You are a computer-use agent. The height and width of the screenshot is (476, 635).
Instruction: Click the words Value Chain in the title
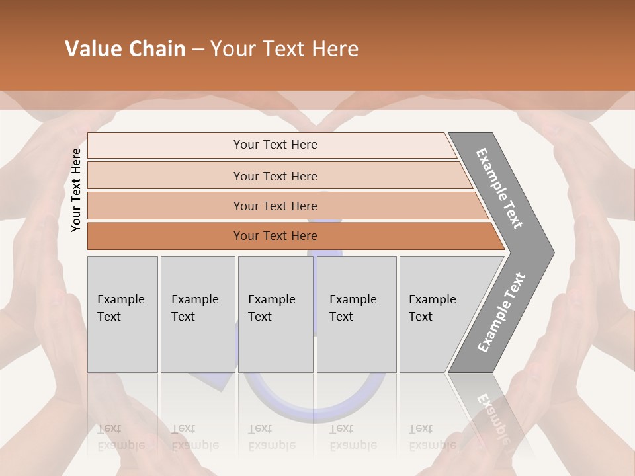click(x=125, y=49)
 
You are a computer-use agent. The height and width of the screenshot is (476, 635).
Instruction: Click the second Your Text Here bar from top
click(x=275, y=176)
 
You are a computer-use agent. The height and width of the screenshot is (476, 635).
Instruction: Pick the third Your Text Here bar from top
click(x=275, y=206)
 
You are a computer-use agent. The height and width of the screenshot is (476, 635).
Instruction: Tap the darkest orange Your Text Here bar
click(x=275, y=236)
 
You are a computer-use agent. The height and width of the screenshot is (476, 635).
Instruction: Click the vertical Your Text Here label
click(x=76, y=190)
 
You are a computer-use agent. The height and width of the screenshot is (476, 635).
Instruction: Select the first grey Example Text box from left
click(x=122, y=314)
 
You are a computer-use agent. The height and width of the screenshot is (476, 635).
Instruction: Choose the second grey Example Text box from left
click(x=198, y=314)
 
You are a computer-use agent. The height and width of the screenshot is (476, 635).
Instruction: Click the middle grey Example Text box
click(x=275, y=314)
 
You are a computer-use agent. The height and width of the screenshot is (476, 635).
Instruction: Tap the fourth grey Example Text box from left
click(x=357, y=314)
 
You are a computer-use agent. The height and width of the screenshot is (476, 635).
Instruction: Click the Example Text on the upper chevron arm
click(x=499, y=188)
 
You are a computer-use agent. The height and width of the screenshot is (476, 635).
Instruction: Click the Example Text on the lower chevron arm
click(x=501, y=312)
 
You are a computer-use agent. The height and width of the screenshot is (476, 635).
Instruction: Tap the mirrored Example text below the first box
click(x=121, y=445)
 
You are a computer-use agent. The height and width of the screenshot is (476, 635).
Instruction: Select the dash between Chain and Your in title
click(x=198, y=49)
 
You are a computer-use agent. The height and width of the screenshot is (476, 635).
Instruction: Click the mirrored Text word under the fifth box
click(x=421, y=428)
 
